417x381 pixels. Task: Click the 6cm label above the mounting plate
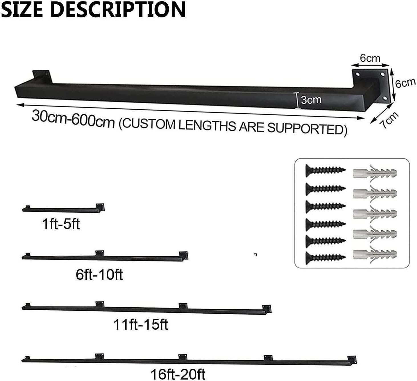click(x=370, y=58)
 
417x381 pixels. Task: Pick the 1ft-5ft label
click(x=61, y=224)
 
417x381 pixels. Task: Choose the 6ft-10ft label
click(x=99, y=275)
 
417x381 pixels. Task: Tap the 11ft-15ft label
click(x=141, y=324)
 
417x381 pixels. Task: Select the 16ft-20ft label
click(x=178, y=374)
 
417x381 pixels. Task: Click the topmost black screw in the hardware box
click(x=325, y=170)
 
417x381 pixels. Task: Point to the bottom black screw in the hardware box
click(x=325, y=258)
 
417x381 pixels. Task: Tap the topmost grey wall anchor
click(x=375, y=173)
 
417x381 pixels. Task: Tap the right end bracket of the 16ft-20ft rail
click(x=352, y=359)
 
